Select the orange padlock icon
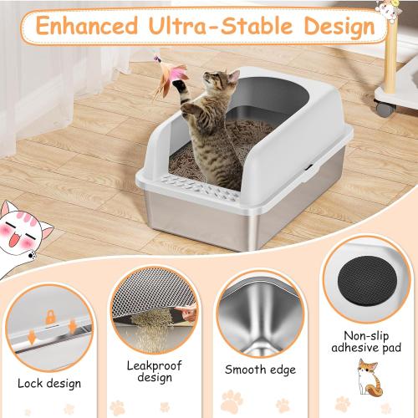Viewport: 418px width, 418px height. (x=50, y=317)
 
